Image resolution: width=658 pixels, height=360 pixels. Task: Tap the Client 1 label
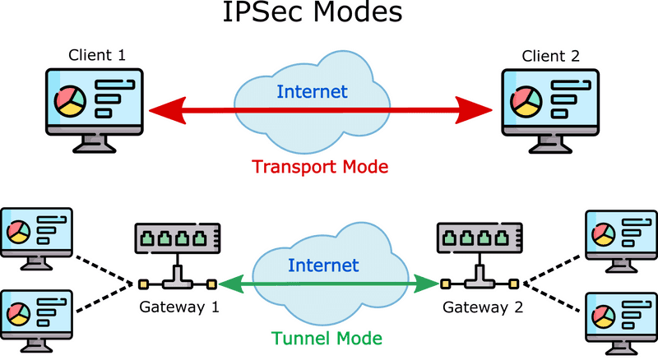coord(98,58)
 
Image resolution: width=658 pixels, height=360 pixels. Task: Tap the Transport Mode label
coord(320,167)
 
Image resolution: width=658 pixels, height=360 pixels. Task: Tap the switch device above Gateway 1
coord(175,238)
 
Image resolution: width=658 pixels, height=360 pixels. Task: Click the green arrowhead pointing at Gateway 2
coord(429,284)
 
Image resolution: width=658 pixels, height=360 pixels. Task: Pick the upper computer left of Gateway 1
coord(38,234)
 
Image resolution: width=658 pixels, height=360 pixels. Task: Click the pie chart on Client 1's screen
coord(69,101)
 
